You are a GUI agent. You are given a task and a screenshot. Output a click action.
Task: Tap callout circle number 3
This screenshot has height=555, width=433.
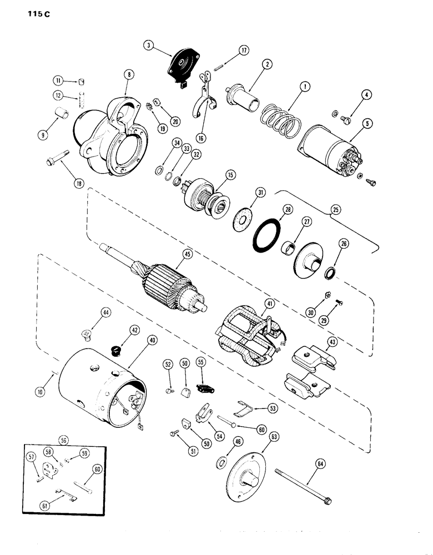[147, 46]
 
